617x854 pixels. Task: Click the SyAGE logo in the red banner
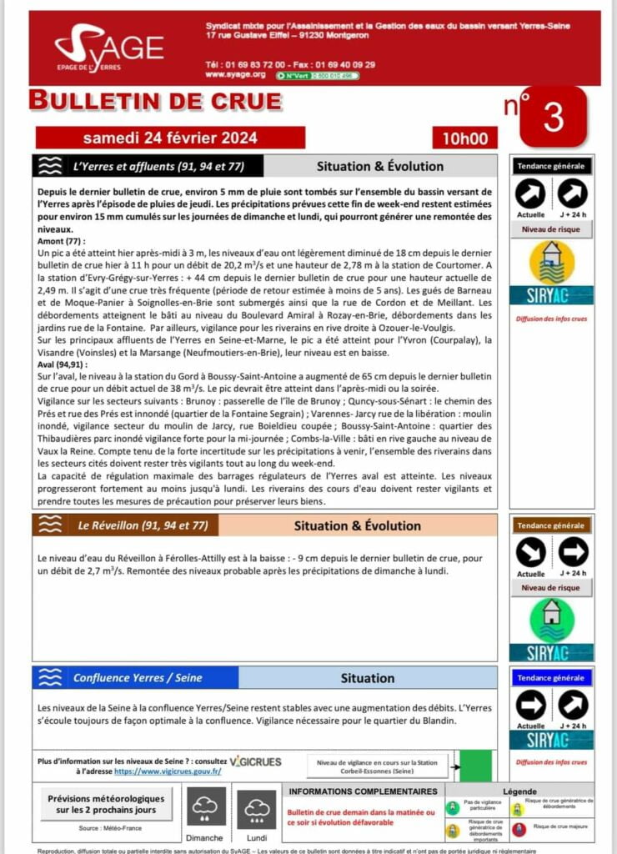point(108,49)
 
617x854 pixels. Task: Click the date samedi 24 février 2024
point(170,138)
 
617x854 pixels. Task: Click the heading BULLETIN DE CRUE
point(155,101)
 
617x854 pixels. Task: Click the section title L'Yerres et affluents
point(158,166)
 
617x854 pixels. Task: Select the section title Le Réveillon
point(143,525)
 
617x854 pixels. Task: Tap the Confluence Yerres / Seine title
point(138,677)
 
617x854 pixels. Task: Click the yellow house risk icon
point(551,263)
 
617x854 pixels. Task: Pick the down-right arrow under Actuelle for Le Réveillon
point(530,552)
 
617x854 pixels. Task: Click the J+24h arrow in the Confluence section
point(572,706)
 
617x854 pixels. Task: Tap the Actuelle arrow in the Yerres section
point(530,195)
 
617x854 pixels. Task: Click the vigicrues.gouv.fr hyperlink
point(167,771)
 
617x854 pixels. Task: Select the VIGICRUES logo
point(255,761)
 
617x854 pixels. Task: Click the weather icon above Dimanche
point(204,807)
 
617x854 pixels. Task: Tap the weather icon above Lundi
point(256,807)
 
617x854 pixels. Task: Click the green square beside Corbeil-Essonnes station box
point(476,766)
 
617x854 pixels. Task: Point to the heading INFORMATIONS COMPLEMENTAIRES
point(362,791)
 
